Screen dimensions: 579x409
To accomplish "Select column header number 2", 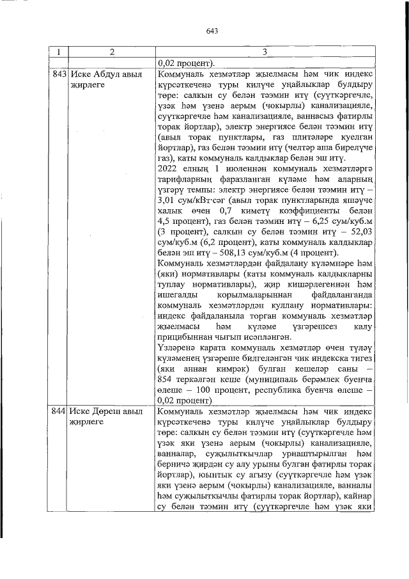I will point(112,51).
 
